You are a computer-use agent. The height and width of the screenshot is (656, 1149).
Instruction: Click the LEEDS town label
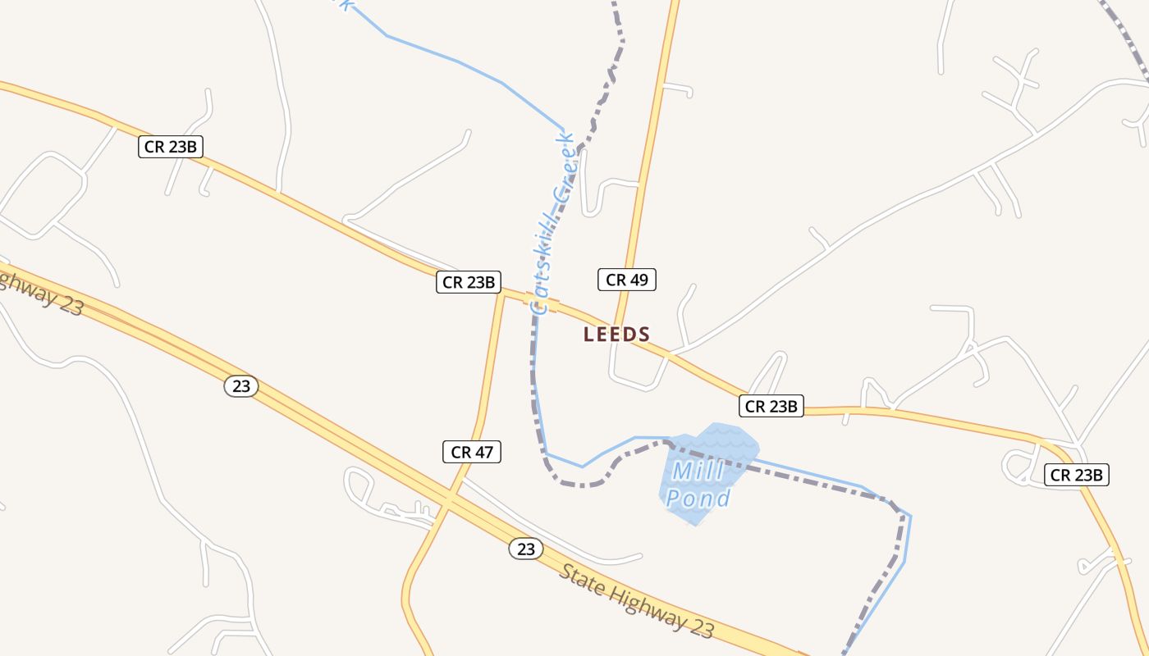[616, 335]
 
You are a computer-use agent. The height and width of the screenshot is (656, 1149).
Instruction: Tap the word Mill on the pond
[698, 471]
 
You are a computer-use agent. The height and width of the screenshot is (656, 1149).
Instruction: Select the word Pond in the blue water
[698, 498]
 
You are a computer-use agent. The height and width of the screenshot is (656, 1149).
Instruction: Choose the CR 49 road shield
[626, 280]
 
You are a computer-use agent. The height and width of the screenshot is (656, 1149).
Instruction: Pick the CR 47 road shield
[471, 451]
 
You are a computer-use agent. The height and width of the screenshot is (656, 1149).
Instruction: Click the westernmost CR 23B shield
[170, 147]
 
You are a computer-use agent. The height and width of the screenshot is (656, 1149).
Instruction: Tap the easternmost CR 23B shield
[1076, 474]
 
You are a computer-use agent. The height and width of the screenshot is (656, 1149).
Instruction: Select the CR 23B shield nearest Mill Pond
[771, 405]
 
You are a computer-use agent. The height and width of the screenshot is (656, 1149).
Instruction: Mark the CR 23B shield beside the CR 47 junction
[468, 282]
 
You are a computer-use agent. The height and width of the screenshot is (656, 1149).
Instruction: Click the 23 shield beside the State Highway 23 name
[525, 549]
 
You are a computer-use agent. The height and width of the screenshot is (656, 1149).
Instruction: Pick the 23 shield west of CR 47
[241, 386]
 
